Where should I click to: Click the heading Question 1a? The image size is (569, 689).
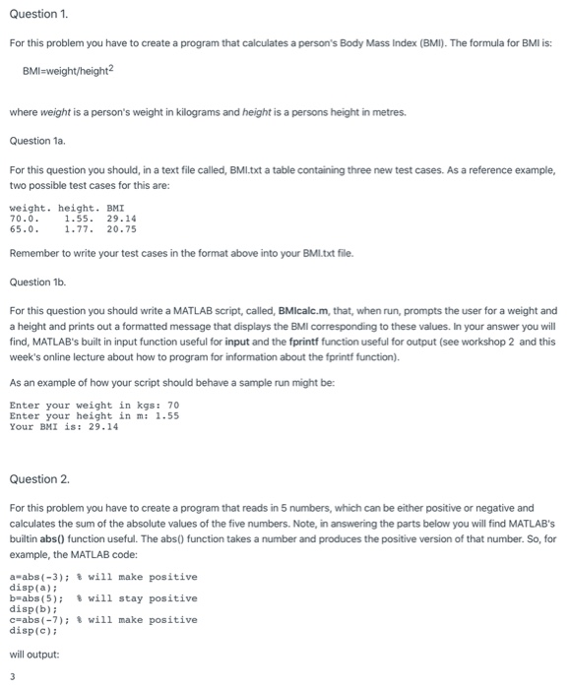click(35, 141)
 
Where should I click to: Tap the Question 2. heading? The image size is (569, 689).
click(39, 479)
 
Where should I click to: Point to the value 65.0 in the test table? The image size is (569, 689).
click(23, 229)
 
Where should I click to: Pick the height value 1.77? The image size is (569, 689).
click(79, 229)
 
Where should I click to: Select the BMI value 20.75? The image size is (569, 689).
click(121, 229)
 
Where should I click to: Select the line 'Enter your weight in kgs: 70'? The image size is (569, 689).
click(95, 405)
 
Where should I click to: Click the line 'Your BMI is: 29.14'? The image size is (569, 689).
click(63, 426)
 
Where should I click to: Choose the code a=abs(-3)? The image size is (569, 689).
click(37, 577)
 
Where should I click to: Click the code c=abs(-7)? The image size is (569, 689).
click(37, 620)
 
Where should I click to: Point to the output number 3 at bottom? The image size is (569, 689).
click(13, 676)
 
